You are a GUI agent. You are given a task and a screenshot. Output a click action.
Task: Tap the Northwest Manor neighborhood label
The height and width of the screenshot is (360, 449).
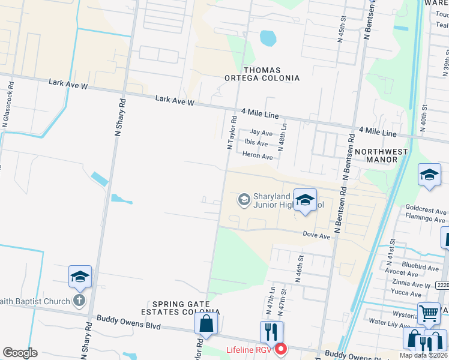381,155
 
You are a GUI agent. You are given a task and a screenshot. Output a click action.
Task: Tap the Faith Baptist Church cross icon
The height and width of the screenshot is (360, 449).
79,300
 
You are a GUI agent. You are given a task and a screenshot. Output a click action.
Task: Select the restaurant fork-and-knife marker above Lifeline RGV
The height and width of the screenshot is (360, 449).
271,332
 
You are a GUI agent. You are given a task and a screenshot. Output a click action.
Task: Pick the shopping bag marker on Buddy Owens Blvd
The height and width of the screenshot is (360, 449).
206,323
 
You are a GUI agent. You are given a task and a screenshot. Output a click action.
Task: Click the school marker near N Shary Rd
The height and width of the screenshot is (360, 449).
80,277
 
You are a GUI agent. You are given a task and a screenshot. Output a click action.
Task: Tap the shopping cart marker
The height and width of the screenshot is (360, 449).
428,313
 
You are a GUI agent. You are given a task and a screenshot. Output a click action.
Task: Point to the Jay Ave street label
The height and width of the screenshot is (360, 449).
261,133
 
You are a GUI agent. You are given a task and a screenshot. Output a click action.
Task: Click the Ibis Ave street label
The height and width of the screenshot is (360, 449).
256,143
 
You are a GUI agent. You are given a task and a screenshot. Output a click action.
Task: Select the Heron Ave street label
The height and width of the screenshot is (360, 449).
258,156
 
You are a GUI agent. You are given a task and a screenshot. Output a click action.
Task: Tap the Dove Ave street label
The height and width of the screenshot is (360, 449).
316,236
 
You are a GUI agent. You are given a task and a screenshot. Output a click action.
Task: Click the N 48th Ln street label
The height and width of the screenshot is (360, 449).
284,137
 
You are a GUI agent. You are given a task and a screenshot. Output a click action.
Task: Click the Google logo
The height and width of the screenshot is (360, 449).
20,353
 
